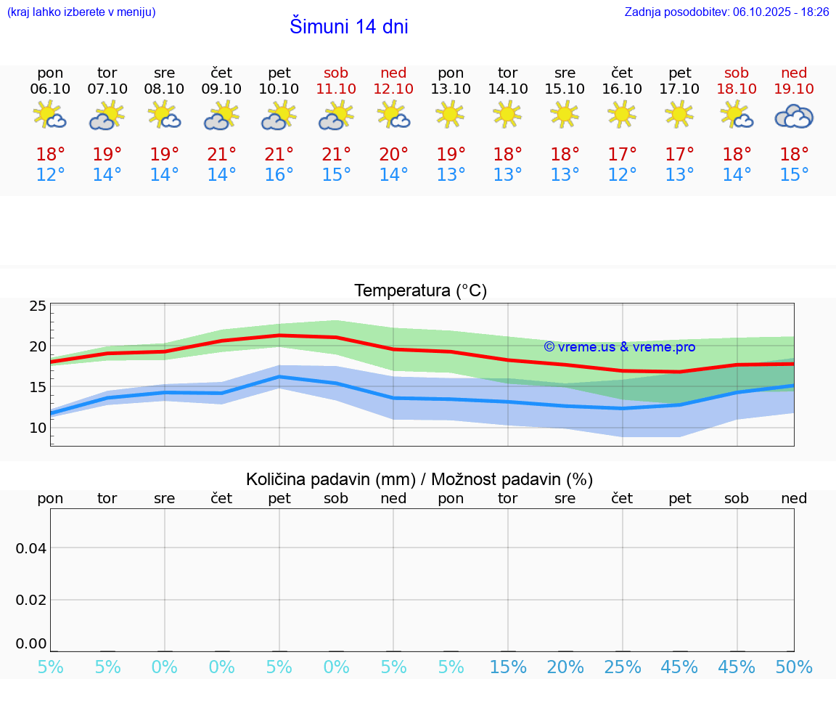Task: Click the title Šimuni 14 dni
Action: pyautogui.click(x=348, y=27)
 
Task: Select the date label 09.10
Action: pyautogui.click(x=221, y=89)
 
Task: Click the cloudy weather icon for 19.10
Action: pyautogui.click(x=794, y=116)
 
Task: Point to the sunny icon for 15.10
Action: pyautogui.click(x=565, y=114)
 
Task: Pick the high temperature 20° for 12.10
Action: pyautogui.click(x=393, y=155)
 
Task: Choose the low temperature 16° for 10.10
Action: pyautogui.click(x=279, y=175)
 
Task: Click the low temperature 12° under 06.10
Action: pyautogui.click(x=50, y=175)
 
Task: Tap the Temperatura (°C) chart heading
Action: pyautogui.click(x=420, y=291)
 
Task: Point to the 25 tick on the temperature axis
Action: pyautogui.click(x=38, y=306)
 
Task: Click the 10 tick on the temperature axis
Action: pyautogui.click(x=38, y=428)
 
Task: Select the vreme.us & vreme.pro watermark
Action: pyautogui.click(x=619, y=347)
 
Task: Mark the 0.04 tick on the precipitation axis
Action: pyautogui.click(x=31, y=548)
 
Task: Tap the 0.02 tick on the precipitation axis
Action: pyautogui.click(x=31, y=600)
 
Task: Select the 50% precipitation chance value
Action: pyautogui.click(x=794, y=667)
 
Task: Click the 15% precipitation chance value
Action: pyautogui.click(x=507, y=667)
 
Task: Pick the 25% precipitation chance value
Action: pyautogui.click(x=622, y=667)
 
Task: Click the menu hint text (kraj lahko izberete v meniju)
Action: pyautogui.click(x=81, y=12)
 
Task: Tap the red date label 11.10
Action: pyautogui.click(x=336, y=89)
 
